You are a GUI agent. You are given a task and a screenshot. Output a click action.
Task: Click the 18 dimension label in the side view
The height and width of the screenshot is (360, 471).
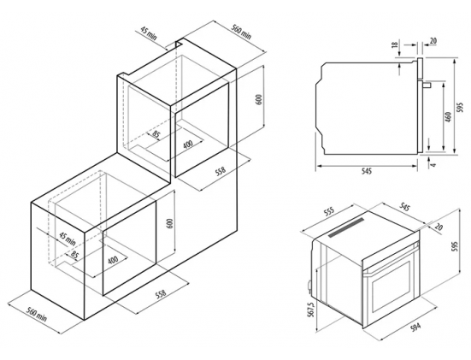395,44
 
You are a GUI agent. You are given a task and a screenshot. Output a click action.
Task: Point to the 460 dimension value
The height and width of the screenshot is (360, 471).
448,117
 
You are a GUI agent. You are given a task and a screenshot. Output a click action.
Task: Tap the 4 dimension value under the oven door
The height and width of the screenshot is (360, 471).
433,164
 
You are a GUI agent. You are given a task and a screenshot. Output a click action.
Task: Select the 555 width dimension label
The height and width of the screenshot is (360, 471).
330,212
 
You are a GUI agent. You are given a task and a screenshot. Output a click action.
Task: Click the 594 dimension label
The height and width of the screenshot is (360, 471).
416,327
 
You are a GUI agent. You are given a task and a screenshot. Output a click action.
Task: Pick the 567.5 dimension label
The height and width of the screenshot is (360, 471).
311,310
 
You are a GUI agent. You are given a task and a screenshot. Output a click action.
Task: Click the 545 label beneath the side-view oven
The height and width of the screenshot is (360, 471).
367,171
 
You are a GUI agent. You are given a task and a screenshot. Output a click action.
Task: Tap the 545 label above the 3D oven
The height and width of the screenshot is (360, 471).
404,207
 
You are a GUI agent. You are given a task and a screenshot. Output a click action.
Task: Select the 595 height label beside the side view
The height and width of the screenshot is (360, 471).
460,107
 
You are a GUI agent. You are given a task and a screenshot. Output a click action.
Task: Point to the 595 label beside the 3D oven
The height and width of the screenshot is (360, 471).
455,246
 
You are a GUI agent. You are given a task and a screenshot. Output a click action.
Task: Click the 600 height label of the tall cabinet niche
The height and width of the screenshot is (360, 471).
259,99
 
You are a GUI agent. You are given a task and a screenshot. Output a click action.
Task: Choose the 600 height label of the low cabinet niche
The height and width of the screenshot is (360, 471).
170,223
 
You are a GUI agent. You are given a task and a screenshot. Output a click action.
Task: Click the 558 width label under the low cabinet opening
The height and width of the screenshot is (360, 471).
161,293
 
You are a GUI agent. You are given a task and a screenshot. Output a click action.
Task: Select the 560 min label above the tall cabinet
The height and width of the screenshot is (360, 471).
241,31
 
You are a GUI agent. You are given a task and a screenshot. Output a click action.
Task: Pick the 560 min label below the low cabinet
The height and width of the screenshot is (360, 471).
37,314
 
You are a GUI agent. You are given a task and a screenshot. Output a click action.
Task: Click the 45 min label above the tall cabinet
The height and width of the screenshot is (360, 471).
149,33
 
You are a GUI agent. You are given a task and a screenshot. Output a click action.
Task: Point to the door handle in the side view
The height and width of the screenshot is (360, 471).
427,86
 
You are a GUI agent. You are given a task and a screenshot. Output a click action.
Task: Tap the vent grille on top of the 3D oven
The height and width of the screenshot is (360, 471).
346,227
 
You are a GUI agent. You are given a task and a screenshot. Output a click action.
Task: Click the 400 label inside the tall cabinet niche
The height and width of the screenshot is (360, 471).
188,144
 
